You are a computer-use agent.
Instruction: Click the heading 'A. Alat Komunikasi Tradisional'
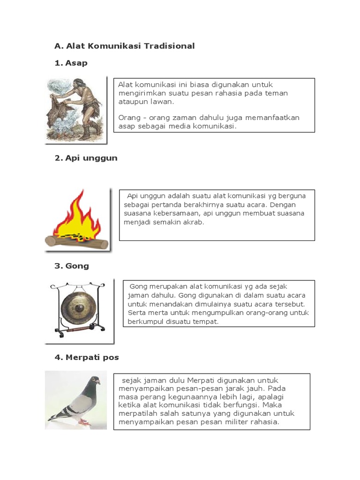point(124,46)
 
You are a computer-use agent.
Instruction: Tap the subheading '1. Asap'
point(71,63)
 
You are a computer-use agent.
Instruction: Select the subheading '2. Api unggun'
point(86,158)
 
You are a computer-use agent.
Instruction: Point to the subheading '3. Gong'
point(71,266)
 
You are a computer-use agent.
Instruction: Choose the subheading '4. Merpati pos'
point(87,357)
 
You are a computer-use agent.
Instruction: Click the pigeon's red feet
point(84,421)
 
